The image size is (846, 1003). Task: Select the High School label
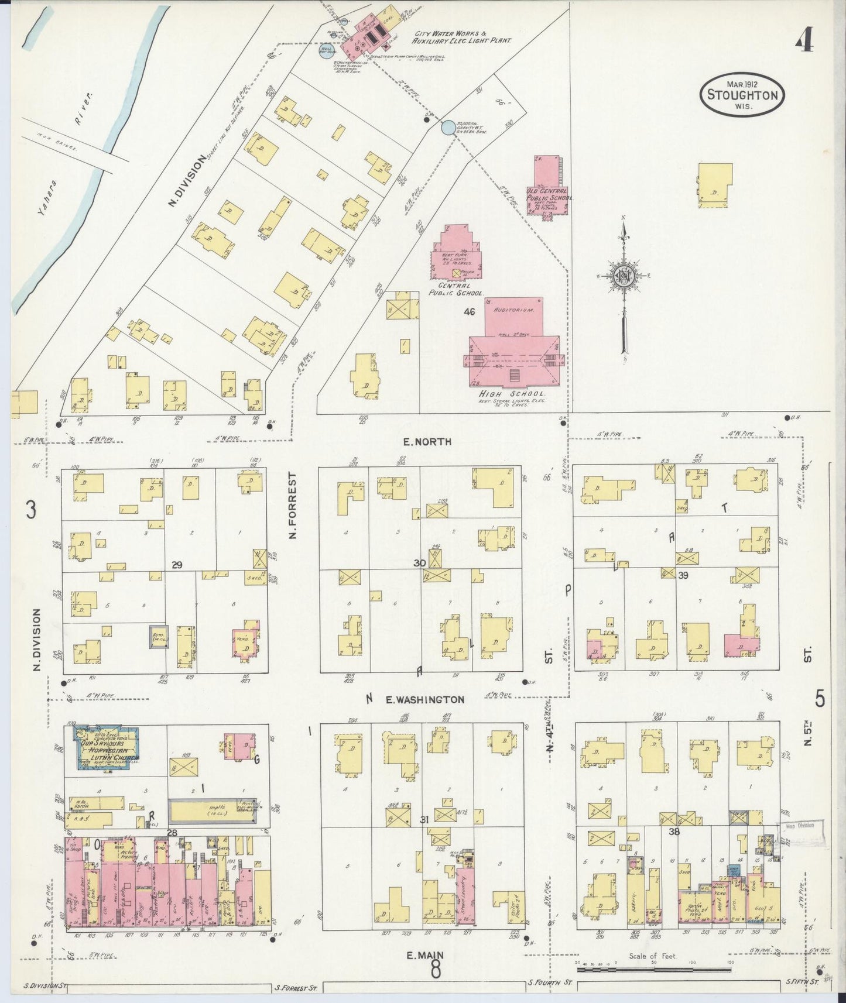pyautogui.click(x=512, y=394)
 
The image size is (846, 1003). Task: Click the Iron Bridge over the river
pyautogui.click(x=76, y=141)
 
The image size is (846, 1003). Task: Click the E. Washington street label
pyautogui.click(x=425, y=699)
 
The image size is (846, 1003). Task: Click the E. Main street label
pyautogui.click(x=425, y=956)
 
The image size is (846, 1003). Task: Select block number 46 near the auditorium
pyautogui.click(x=469, y=312)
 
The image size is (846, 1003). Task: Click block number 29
pyautogui.click(x=177, y=565)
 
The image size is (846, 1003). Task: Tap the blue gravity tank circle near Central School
pyautogui.click(x=448, y=128)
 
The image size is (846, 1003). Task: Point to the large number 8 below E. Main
pyautogui.click(x=436, y=971)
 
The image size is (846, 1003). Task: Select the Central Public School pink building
pyautogui.click(x=458, y=252)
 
